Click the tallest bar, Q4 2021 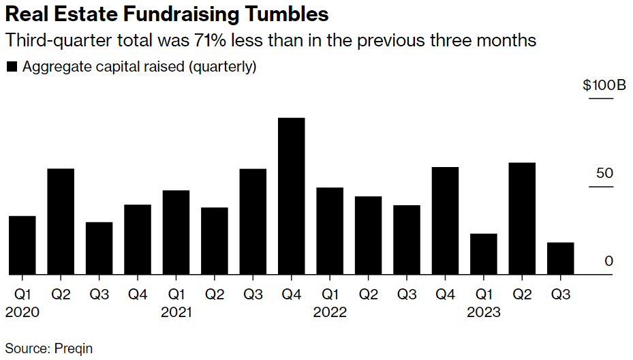(292, 196)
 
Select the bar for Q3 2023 (561, 258)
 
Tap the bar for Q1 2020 (22, 245)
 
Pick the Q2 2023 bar (522, 219)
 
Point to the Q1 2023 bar (484, 254)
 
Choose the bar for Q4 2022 (446, 221)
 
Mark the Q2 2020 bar (61, 222)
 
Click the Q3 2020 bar (99, 248)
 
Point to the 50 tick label (604, 173)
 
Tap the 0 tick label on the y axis (609, 261)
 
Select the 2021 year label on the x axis (176, 313)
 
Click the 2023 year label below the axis (484, 313)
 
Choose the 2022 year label (330, 313)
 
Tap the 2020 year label (22, 313)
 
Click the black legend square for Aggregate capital (12, 67)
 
